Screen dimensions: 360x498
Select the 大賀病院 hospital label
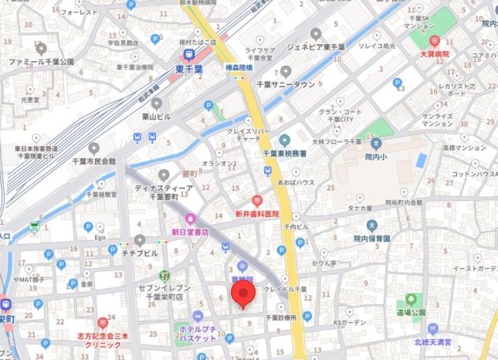tap(434, 55)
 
